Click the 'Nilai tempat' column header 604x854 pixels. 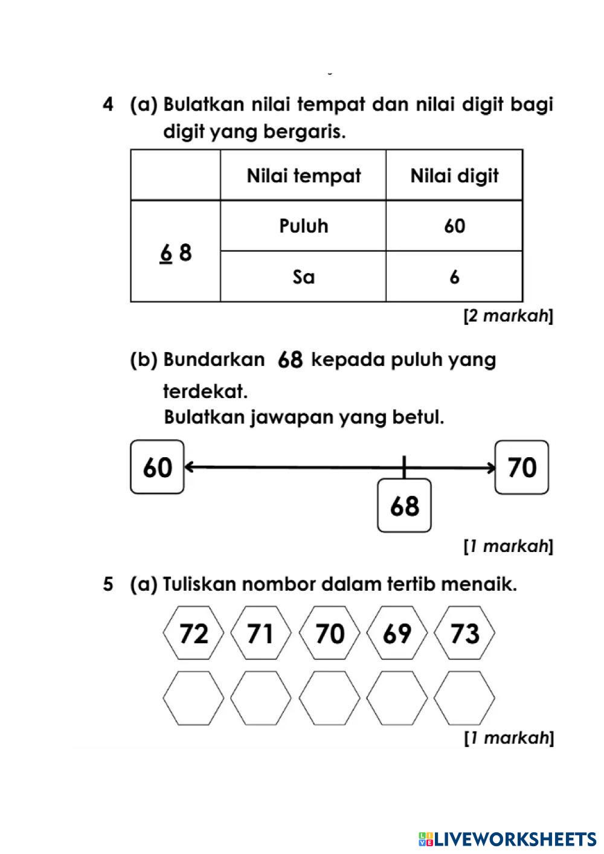click(x=303, y=176)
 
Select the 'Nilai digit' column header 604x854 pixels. click(x=454, y=176)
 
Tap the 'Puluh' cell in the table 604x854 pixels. click(x=303, y=226)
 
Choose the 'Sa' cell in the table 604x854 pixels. click(x=303, y=277)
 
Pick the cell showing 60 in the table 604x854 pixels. click(x=454, y=226)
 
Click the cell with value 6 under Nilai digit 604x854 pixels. click(x=454, y=277)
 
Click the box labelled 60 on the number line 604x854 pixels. click(x=157, y=467)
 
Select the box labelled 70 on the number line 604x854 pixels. click(x=522, y=467)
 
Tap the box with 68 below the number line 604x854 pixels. click(x=405, y=506)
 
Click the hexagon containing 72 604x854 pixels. click(x=194, y=634)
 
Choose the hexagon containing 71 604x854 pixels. click(x=261, y=634)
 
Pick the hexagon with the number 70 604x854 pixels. click(x=330, y=634)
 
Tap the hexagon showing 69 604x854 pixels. click(x=397, y=634)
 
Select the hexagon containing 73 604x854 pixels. click(x=464, y=634)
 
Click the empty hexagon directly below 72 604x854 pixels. click(x=194, y=698)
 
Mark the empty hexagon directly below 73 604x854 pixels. click(x=464, y=698)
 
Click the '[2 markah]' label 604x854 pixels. click(x=507, y=316)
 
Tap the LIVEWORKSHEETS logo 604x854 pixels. click(x=507, y=838)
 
